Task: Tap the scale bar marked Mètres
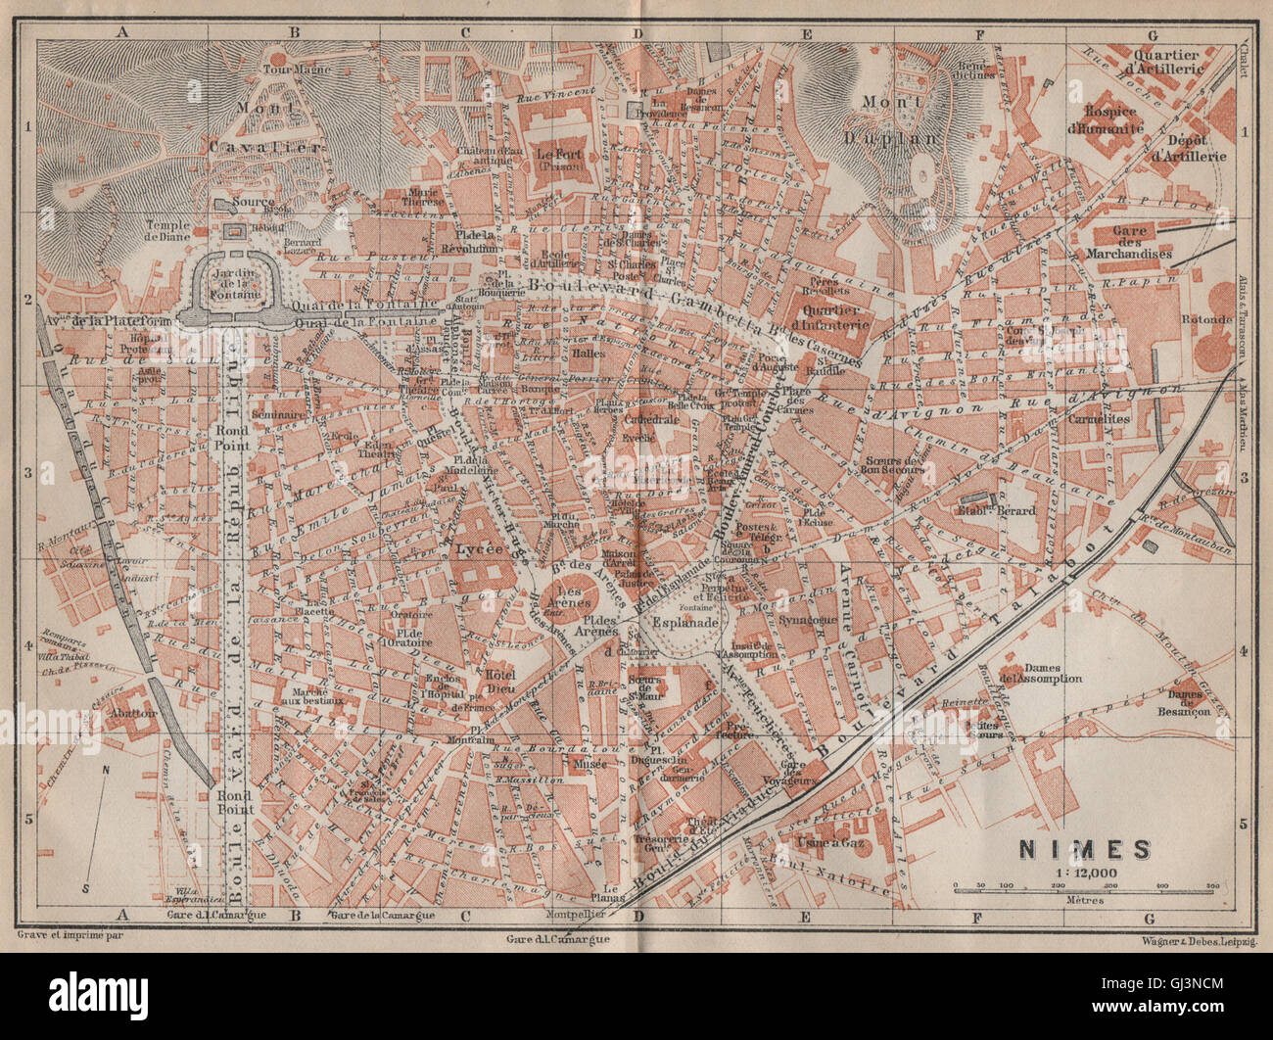pos(1083,888)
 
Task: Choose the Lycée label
pos(480,549)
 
